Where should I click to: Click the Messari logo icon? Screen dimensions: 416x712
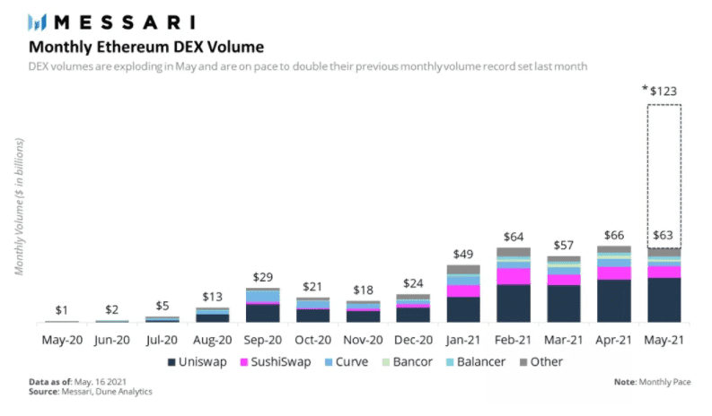(x=40, y=22)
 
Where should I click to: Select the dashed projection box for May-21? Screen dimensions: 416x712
(x=664, y=170)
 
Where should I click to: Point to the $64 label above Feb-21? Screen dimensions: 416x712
(x=514, y=237)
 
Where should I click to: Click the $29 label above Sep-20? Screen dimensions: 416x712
(x=262, y=278)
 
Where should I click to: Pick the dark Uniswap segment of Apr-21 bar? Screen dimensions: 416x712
(x=613, y=300)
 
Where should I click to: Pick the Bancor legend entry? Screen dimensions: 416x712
(x=408, y=362)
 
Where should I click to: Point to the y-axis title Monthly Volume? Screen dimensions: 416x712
(x=19, y=206)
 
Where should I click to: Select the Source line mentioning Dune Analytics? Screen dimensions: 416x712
(x=90, y=392)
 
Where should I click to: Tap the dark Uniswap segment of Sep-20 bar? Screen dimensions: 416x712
(x=262, y=312)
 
